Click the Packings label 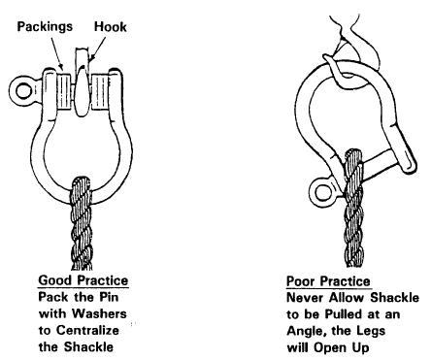[x=45, y=26]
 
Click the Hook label [x=110, y=26]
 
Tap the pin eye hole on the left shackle [x=23, y=91]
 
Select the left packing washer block [x=64, y=92]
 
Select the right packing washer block [x=100, y=92]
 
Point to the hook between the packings [x=82, y=87]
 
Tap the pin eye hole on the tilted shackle [x=323, y=193]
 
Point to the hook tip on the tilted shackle [x=325, y=57]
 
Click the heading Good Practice [x=83, y=280]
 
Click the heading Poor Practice [x=328, y=280]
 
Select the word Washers [x=99, y=313]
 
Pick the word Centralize [x=87, y=330]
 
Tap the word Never [x=306, y=297]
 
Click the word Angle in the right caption [x=305, y=331]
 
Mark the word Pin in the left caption [x=109, y=297]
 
